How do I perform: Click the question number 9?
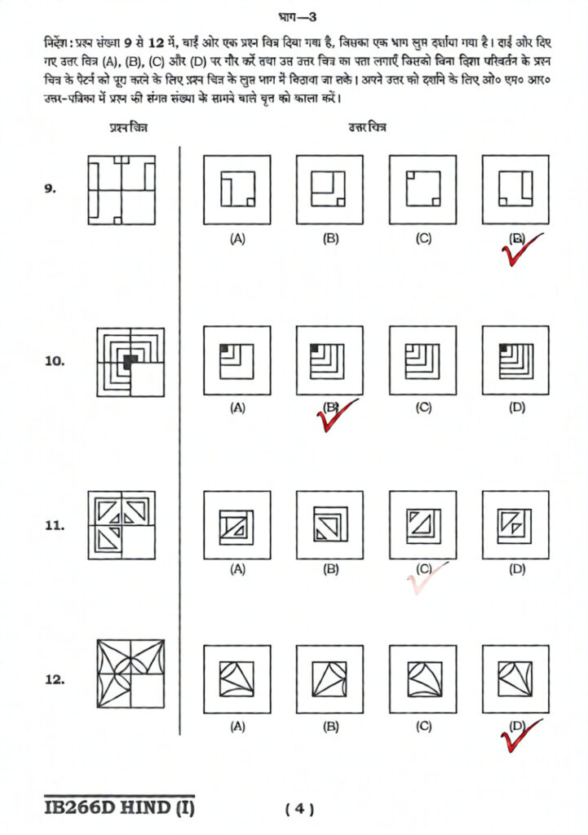point(50,189)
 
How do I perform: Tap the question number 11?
point(54,526)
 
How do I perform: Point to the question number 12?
point(55,679)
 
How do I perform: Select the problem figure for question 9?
point(121,189)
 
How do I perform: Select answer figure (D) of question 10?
point(516,360)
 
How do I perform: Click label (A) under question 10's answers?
point(237,407)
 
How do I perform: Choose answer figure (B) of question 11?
point(330,525)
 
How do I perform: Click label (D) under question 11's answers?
point(516,570)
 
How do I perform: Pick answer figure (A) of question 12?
point(237,678)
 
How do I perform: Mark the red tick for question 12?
point(517,736)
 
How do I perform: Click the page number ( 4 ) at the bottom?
point(299,809)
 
